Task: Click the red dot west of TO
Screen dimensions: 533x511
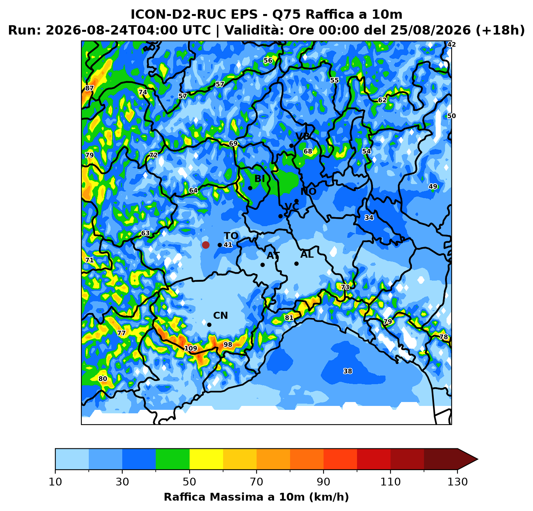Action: [x=206, y=245]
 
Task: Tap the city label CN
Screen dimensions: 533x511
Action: [x=220, y=316]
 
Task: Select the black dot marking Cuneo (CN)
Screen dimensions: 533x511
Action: [x=209, y=325]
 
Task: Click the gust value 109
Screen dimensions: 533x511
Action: [x=191, y=348]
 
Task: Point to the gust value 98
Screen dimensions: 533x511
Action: [x=228, y=344]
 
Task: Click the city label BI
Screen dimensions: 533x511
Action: [x=260, y=179]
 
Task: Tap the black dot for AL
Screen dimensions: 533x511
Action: [x=296, y=264]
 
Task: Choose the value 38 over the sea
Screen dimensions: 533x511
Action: [x=348, y=371]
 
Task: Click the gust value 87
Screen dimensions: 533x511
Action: [x=89, y=88]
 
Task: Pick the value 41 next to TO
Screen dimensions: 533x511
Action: [x=228, y=244]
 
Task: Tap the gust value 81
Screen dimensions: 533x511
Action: [x=289, y=318]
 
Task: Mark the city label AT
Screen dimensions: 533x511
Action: [x=273, y=255]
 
